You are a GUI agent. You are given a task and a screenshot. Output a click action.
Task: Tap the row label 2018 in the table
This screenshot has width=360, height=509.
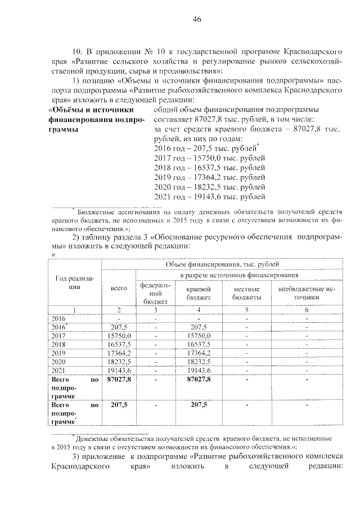(58, 343)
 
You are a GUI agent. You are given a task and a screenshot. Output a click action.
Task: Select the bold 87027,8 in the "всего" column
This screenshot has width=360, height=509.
(119, 380)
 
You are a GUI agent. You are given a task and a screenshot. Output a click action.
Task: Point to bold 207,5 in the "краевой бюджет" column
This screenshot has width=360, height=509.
(199, 405)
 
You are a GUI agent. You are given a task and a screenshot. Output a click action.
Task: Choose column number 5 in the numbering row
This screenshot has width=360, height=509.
(246, 310)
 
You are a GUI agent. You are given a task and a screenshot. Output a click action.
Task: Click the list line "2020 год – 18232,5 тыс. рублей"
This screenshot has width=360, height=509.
(209, 185)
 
